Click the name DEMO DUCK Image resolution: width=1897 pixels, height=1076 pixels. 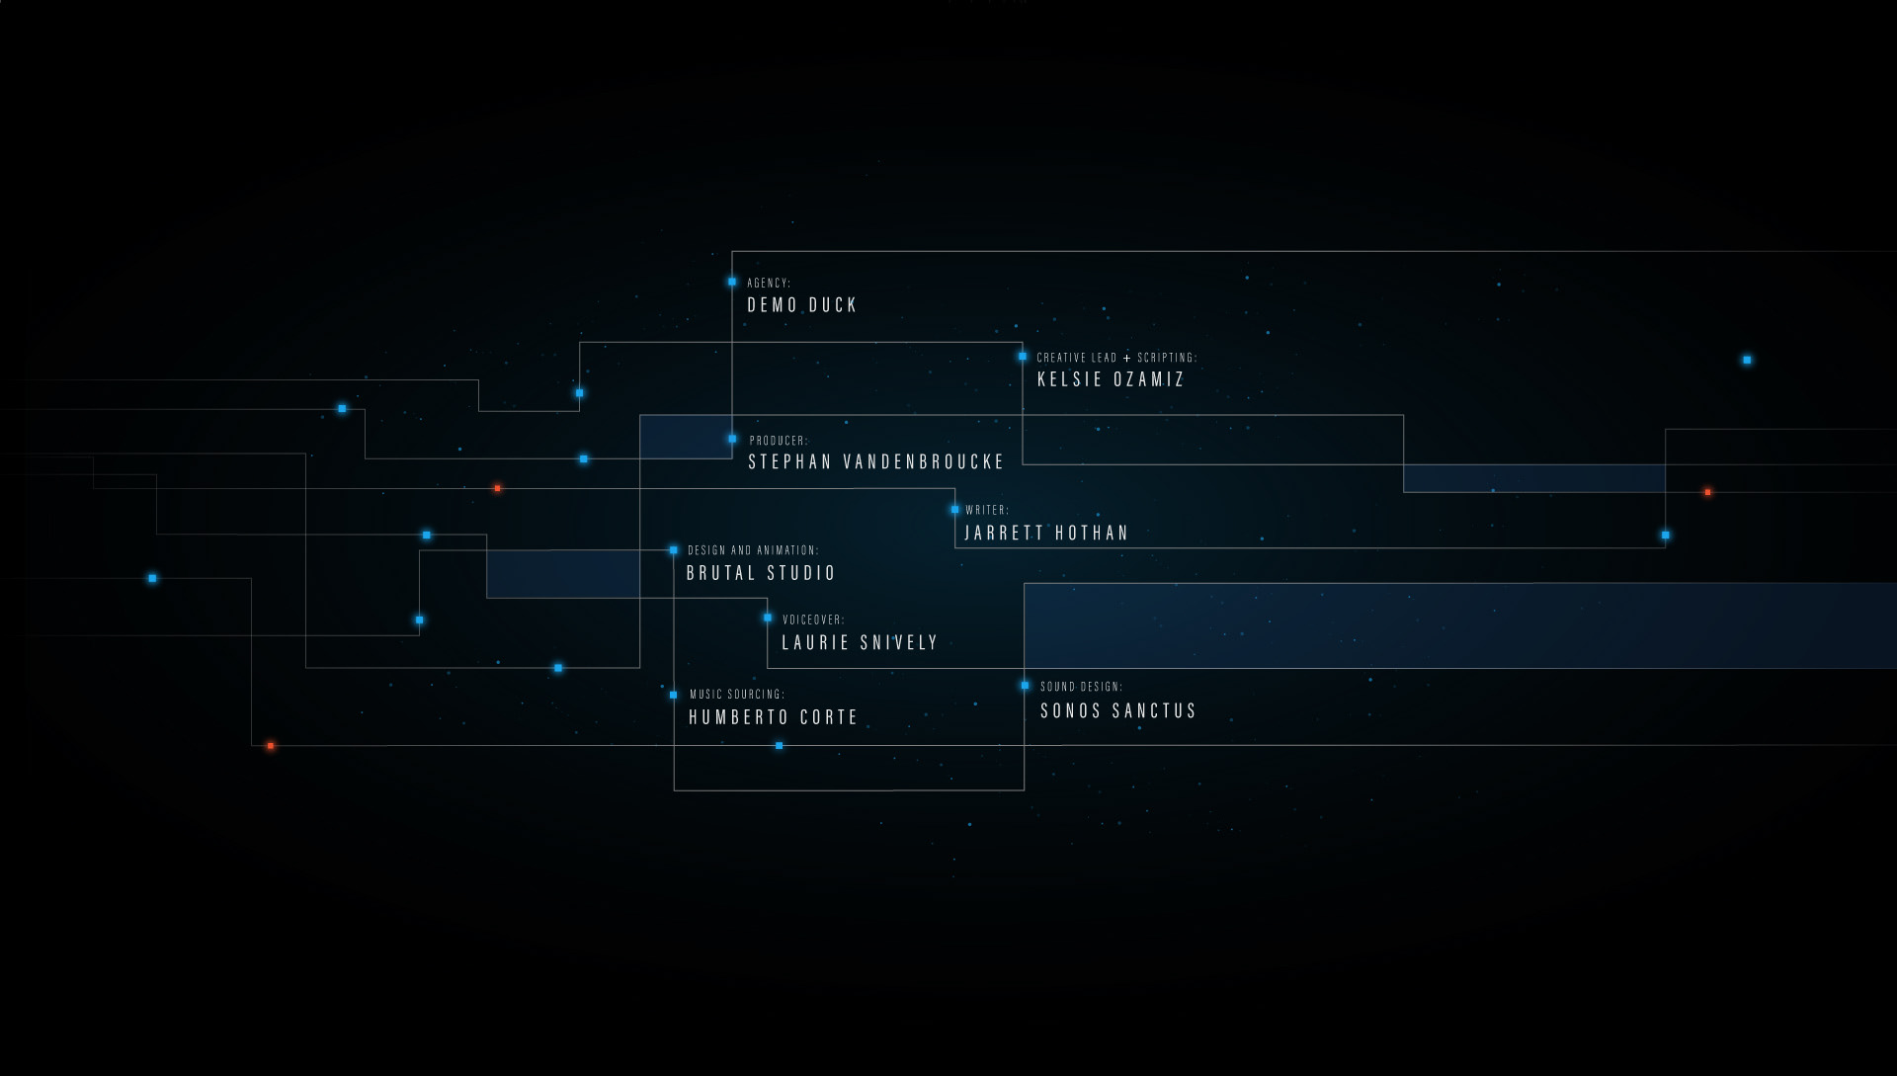click(x=801, y=305)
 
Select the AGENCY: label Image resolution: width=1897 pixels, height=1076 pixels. click(x=769, y=284)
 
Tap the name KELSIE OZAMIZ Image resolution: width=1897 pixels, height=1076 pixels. click(x=1111, y=379)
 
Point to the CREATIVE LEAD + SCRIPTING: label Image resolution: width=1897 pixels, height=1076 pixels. click(x=1116, y=358)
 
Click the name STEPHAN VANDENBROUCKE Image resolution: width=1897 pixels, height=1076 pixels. click(x=875, y=461)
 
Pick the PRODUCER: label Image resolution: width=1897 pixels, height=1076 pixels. click(x=778, y=441)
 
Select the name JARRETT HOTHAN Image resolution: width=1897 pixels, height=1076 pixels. click(x=1046, y=534)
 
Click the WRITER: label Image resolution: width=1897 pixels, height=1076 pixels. click(x=987, y=511)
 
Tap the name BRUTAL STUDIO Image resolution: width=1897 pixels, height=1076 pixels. click(x=761, y=573)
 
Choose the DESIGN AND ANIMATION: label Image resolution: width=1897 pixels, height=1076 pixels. click(x=753, y=550)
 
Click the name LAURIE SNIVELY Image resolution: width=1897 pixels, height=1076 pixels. click(x=860, y=643)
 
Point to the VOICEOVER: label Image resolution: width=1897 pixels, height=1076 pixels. click(x=813, y=621)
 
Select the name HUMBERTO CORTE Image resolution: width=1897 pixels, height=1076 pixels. click(x=773, y=717)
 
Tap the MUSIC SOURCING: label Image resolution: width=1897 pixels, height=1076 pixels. click(x=737, y=695)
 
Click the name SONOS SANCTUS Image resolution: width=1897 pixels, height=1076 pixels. click(x=1117, y=711)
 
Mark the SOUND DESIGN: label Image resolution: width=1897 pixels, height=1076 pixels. click(x=1081, y=687)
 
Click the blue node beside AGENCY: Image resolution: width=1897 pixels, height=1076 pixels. click(x=732, y=282)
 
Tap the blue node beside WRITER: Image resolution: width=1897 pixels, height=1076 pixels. click(x=954, y=510)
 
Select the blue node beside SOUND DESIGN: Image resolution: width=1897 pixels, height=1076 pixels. click(x=1025, y=685)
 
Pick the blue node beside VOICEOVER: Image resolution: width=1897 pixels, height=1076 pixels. click(x=768, y=618)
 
